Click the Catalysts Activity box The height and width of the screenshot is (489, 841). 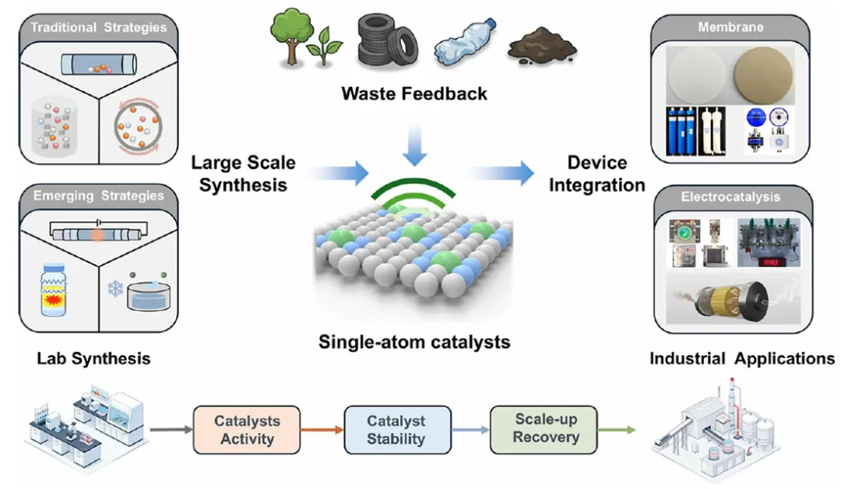pyautogui.click(x=247, y=429)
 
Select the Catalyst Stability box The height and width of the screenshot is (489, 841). pyautogui.click(x=397, y=429)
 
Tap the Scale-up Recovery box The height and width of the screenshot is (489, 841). pyautogui.click(x=545, y=427)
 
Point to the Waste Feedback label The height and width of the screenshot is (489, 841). pyautogui.click(x=414, y=93)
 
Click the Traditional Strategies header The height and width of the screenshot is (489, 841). pyautogui.click(x=98, y=28)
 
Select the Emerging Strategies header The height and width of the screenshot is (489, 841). pyautogui.click(x=98, y=195)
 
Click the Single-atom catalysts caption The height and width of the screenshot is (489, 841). pyautogui.click(x=414, y=342)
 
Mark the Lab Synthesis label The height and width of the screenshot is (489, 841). pyautogui.click(x=93, y=359)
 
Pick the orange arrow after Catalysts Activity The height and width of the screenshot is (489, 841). pyautogui.click(x=322, y=429)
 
